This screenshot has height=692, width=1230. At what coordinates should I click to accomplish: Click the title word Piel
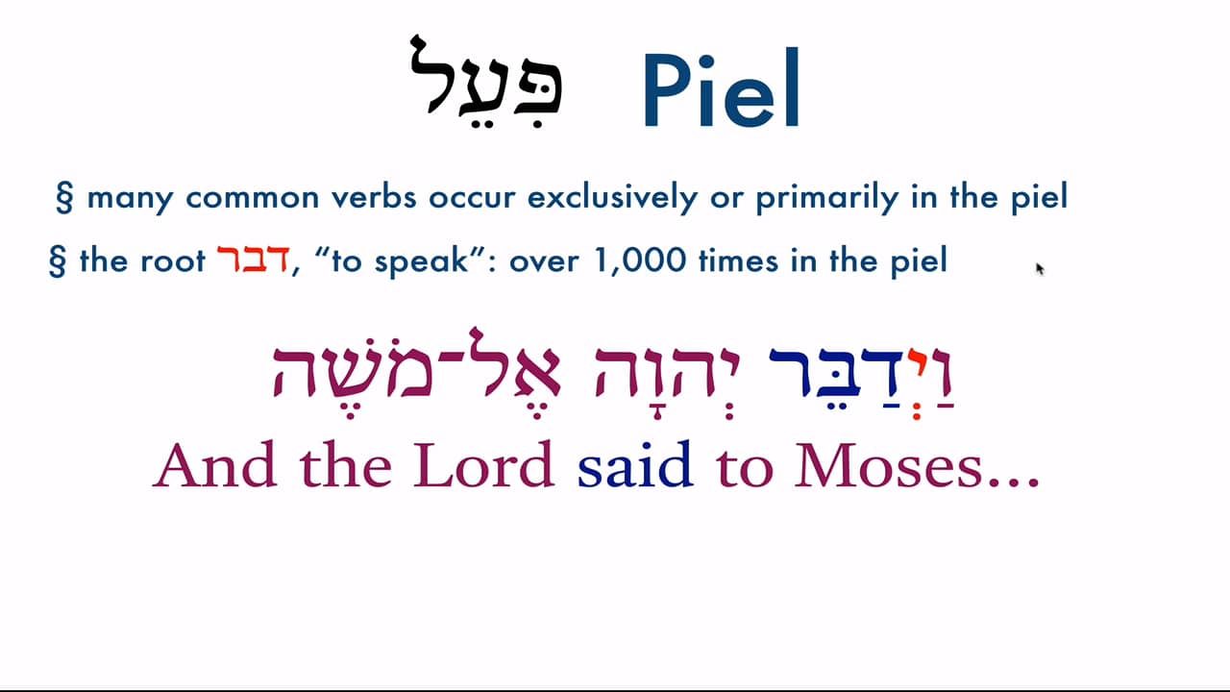tap(721, 91)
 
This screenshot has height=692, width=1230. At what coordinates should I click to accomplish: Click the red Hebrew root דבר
tap(253, 259)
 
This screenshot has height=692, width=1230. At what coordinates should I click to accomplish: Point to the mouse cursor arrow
tap(1039, 268)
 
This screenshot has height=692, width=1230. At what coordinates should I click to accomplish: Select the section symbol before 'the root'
tap(57, 261)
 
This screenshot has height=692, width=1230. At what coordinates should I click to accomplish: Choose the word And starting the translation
tap(211, 466)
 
